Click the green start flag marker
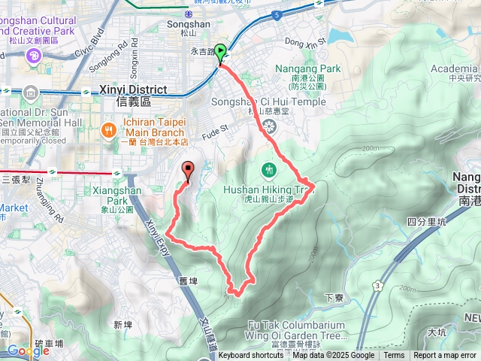(221, 53)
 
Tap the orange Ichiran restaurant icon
(110, 129)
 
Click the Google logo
(29, 350)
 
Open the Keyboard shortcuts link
(251, 356)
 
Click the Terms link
(394, 356)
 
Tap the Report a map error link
(445, 356)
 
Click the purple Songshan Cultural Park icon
(33, 56)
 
